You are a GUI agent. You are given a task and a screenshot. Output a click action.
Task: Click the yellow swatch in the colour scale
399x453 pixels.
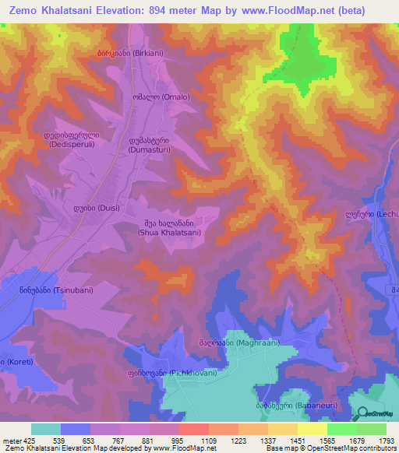[312, 429]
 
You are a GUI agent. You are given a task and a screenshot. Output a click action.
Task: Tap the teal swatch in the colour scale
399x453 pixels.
[46, 429]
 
